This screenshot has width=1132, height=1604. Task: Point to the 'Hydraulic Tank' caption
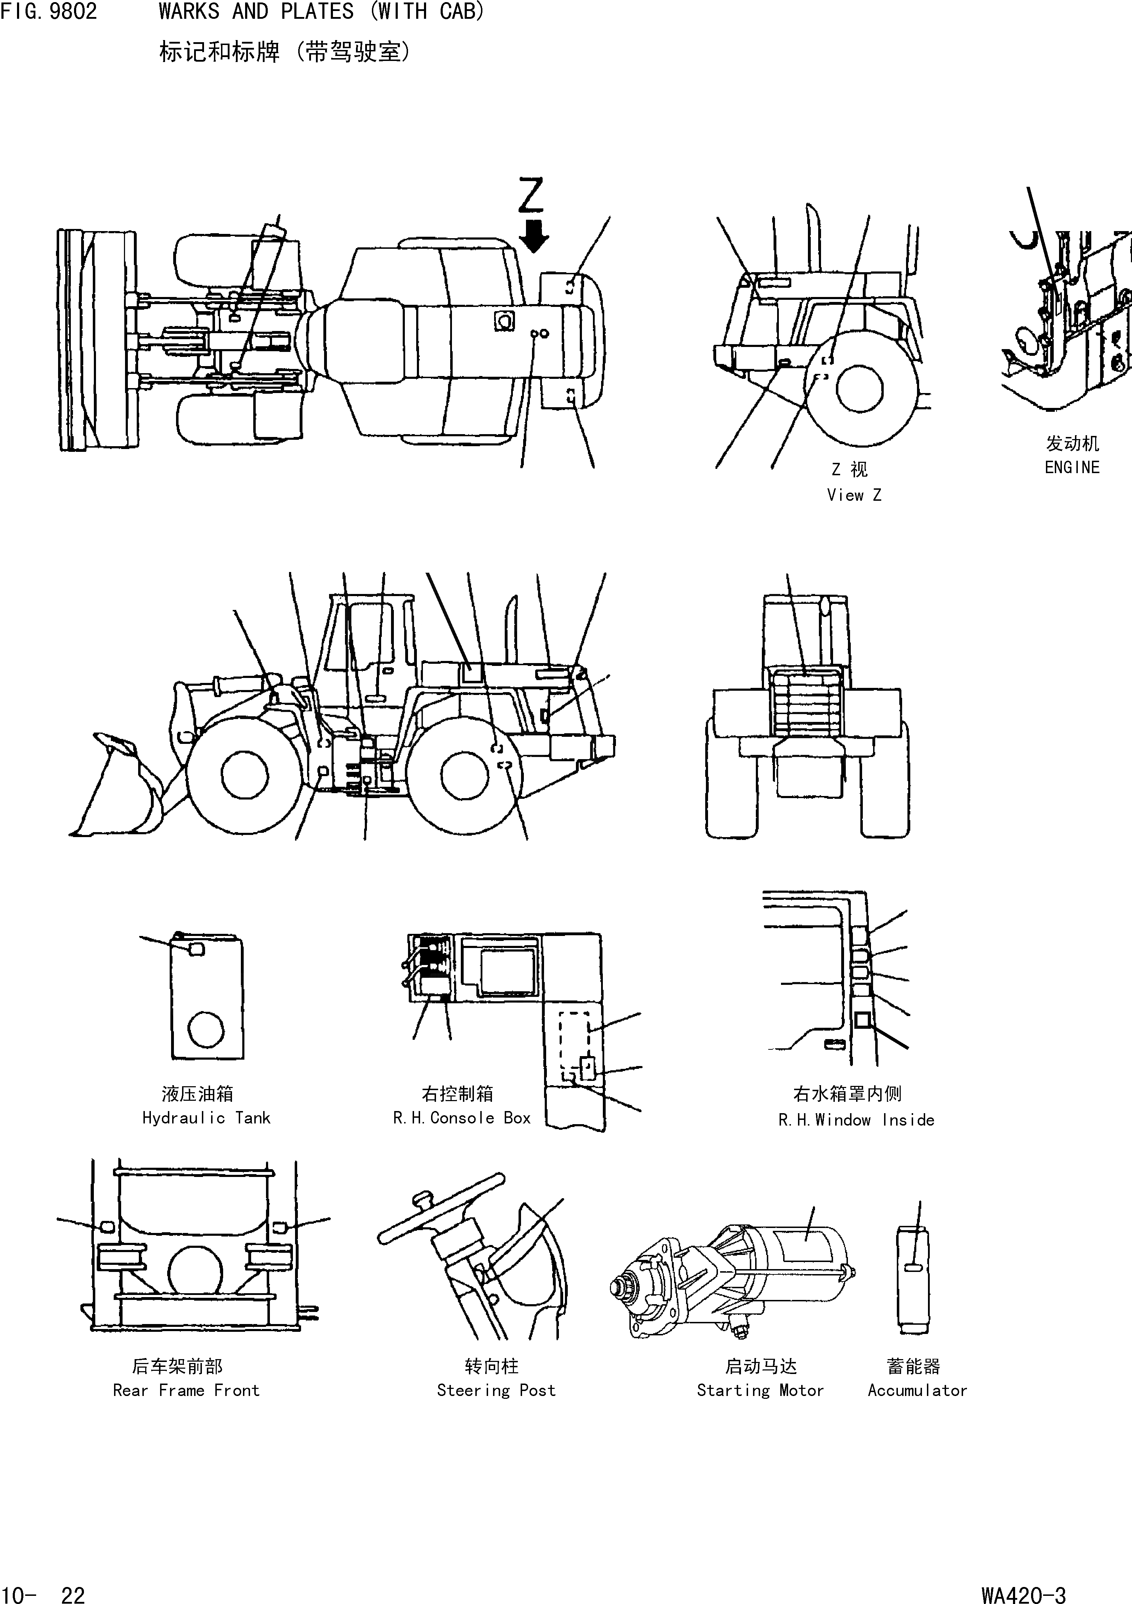pyautogui.click(x=206, y=1118)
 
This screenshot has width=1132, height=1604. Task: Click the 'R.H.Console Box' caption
pyautogui.click(x=462, y=1118)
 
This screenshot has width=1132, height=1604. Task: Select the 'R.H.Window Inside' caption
pyautogui.click(x=856, y=1120)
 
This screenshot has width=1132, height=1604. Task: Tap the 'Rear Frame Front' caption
pyautogui.click(x=186, y=1390)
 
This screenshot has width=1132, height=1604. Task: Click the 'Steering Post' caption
pyautogui.click(x=496, y=1390)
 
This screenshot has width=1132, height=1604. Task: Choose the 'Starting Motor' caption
pyautogui.click(x=760, y=1390)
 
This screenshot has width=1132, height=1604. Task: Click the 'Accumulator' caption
pyautogui.click(x=917, y=1390)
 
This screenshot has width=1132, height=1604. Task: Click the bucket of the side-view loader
pyautogui.click(x=119, y=790)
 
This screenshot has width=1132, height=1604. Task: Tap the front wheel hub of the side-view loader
pyautogui.click(x=244, y=775)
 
